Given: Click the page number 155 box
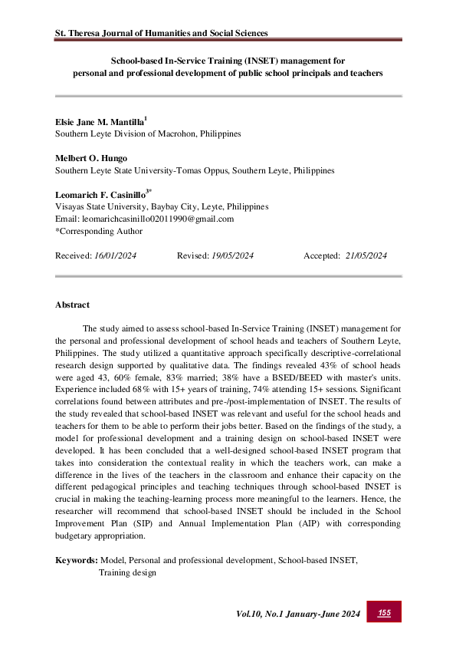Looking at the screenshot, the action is pos(385,611).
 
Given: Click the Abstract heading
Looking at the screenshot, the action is pos(72,305).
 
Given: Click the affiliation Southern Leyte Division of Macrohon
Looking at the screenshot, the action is pos(147,133).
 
